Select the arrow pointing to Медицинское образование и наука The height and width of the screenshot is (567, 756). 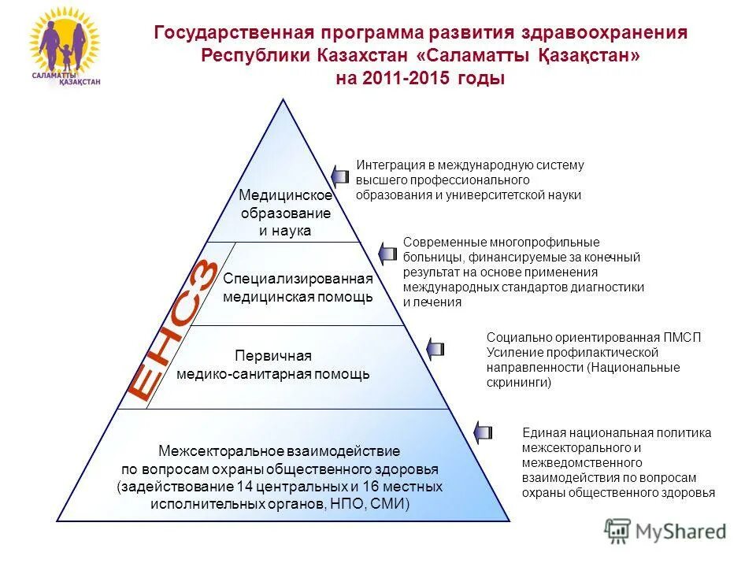pyautogui.click(x=340, y=175)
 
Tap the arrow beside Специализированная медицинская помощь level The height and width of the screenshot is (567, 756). pyautogui.click(x=387, y=254)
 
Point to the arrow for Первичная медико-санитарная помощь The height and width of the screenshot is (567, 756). pyautogui.click(x=435, y=347)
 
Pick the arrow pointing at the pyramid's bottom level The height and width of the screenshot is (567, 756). pyautogui.click(x=483, y=431)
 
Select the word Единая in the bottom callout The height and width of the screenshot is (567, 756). pyautogui.click(x=540, y=432)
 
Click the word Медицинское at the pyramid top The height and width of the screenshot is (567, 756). pyautogui.click(x=285, y=196)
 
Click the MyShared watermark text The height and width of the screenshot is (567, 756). pyautogui.click(x=680, y=532)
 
